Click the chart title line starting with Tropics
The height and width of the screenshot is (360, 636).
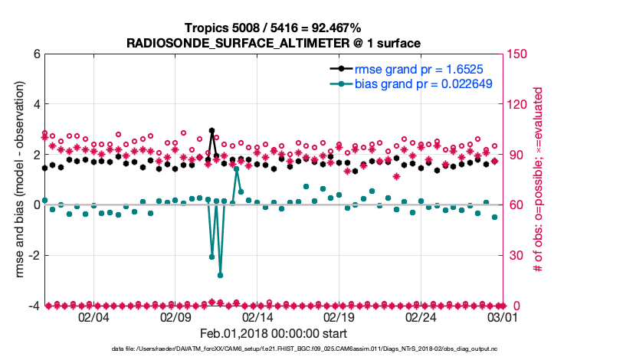274,28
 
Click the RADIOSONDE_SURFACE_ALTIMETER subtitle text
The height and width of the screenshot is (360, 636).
274,42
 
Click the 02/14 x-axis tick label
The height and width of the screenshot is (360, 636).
257,317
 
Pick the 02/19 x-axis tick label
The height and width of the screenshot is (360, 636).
339,317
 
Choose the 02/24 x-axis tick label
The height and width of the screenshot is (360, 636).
421,317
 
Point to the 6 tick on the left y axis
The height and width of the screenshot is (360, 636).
36,54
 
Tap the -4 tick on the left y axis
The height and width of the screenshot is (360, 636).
34,306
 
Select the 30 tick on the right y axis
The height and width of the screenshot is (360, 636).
514,256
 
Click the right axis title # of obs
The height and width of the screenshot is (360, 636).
539,180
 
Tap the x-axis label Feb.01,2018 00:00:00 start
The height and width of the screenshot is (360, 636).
274,334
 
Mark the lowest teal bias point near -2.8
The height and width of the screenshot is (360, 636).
220,275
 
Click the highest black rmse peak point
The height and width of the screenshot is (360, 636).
211,131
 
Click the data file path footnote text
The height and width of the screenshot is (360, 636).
274,349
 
